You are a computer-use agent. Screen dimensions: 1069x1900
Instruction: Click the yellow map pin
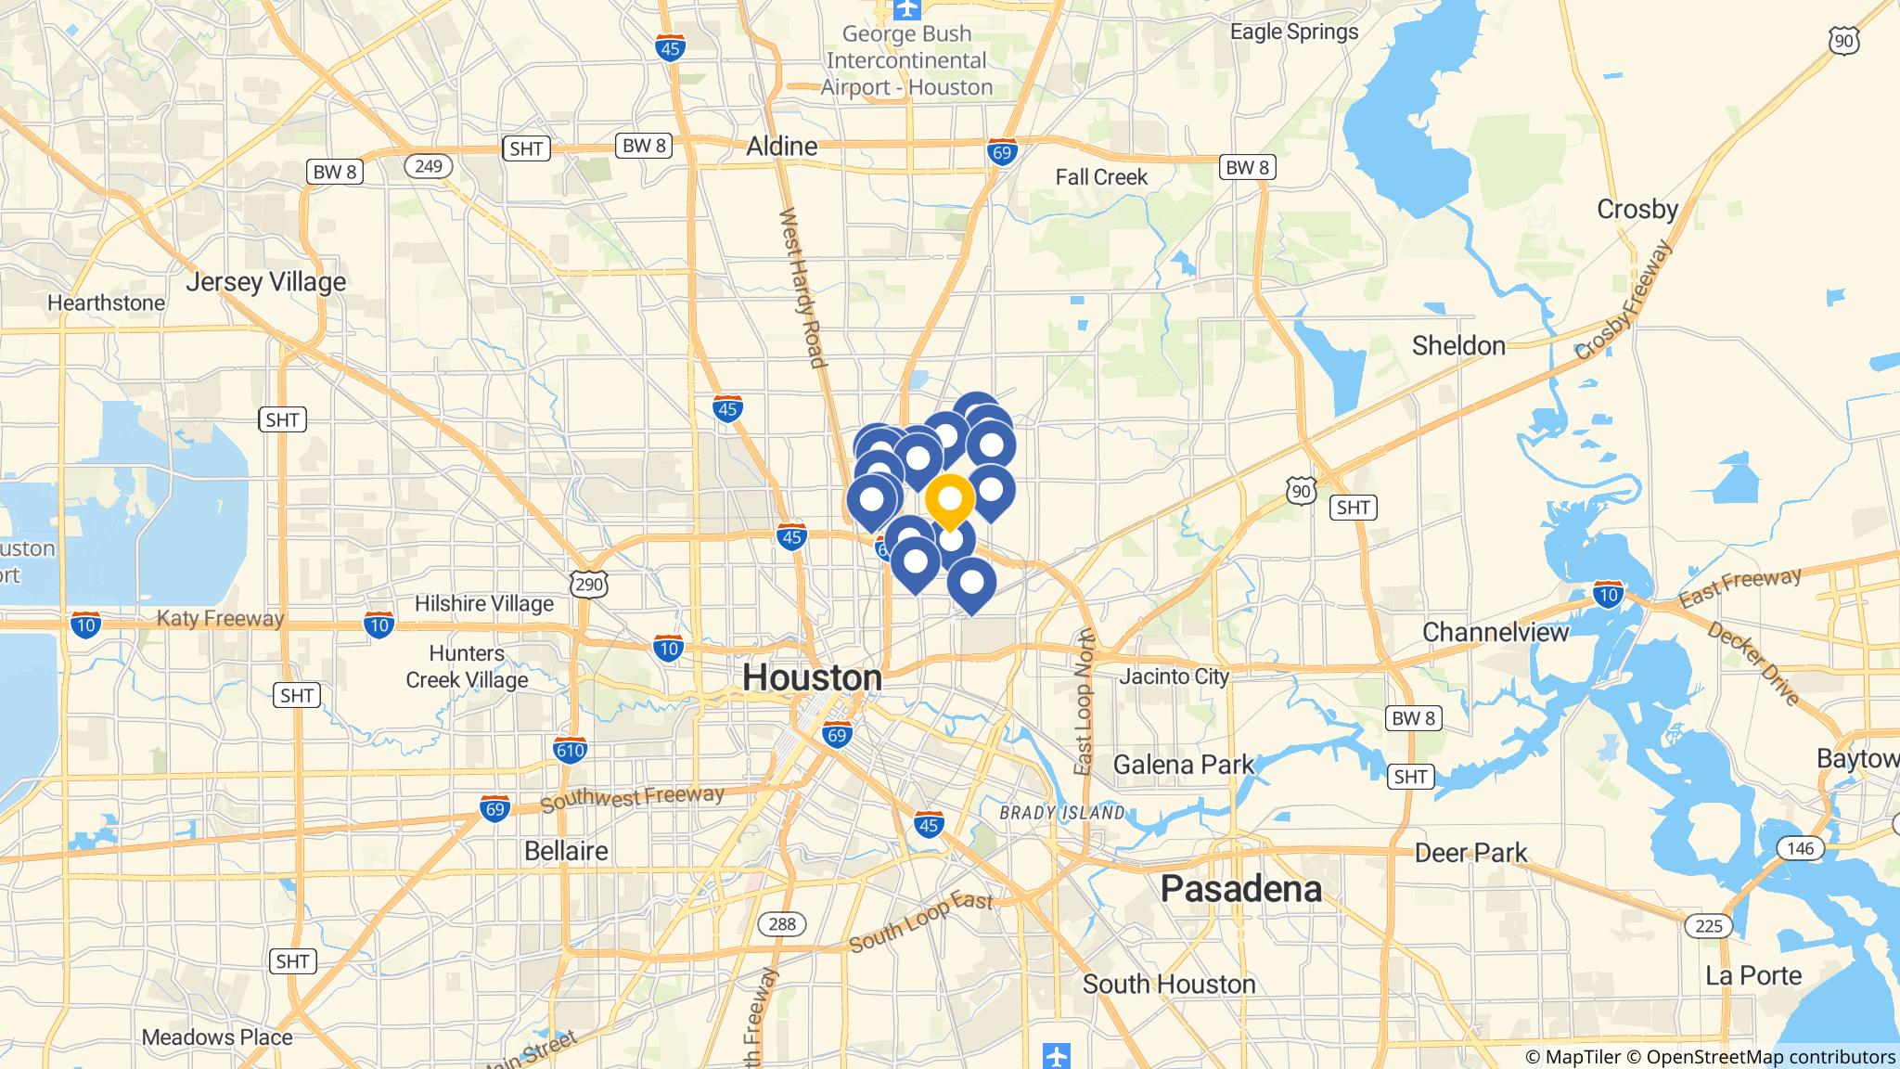[x=950, y=499]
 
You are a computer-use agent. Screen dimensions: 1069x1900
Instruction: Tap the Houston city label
[x=812, y=678]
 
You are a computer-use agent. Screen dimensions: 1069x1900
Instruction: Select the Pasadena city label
[x=1240, y=889]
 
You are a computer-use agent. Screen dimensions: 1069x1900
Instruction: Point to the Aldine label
[x=783, y=147]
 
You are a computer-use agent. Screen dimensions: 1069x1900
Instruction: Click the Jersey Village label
[x=266, y=282]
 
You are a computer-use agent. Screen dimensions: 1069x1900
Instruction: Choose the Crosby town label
[x=1637, y=210]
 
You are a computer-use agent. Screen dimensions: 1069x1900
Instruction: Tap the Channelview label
[x=1496, y=633]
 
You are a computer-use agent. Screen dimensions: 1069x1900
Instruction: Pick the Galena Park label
[x=1183, y=765]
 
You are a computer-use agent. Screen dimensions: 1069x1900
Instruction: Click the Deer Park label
[x=1470, y=853]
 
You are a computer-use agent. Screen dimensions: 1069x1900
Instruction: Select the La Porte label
[x=1753, y=975]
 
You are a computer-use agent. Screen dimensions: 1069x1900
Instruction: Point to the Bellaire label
[x=566, y=851]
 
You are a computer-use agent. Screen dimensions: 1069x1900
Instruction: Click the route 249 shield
[x=428, y=166]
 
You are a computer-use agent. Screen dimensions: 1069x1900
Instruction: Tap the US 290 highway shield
[x=590, y=584]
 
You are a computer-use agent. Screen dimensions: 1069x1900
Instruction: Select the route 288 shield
[x=782, y=923]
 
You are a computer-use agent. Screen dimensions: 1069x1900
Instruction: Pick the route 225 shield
[x=1708, y=925]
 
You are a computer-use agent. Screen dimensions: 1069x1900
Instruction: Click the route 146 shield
[x=1800, y=848]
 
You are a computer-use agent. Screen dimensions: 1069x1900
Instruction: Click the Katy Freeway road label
[x=220, y=619]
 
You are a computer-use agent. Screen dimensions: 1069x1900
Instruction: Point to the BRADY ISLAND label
[x=1062, y=813]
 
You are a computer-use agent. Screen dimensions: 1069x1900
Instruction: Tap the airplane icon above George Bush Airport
[x=906, y=9]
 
